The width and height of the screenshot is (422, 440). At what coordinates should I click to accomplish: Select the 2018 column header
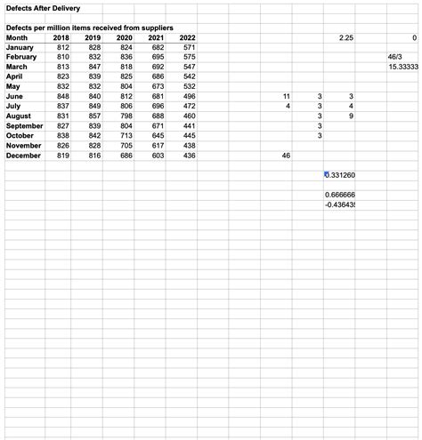[61, 38]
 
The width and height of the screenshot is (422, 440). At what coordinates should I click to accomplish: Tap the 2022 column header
[187, 38]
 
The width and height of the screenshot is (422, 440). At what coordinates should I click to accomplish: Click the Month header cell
[17, 38]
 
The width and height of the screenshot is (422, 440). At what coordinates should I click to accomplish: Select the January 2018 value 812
[61, 47]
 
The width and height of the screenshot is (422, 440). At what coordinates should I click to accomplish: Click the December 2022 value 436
[188, 156]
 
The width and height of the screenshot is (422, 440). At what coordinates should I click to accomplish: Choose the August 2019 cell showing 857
[93, 116]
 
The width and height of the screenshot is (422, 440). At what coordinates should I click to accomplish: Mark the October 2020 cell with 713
[125, 136]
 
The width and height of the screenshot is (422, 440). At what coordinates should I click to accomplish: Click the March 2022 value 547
[188, 68]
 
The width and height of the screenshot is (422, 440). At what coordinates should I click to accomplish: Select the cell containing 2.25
[346, 38]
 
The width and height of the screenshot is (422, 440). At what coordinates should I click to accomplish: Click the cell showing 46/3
[384, 57]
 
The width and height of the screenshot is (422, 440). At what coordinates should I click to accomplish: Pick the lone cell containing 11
[286, 96]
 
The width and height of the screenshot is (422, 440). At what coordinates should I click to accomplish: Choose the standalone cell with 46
[286, 156]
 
